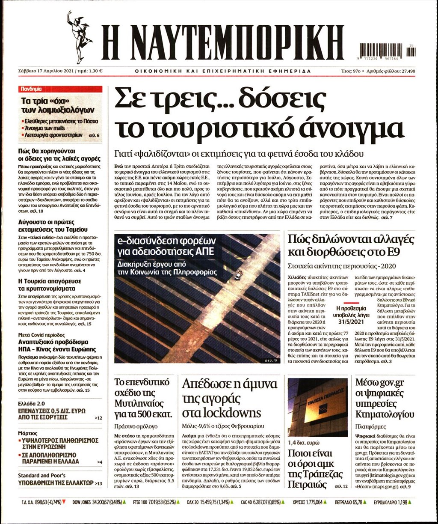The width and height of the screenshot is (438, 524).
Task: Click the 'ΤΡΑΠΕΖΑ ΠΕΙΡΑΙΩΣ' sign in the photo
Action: click(x=326, y=401)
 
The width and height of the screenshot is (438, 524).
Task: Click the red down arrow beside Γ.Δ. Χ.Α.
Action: click(x=64, y=502)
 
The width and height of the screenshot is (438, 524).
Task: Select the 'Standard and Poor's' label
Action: click(x=41, y=475)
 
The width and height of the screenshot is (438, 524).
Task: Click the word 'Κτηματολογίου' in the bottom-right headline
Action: click(x=385, y=414)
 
